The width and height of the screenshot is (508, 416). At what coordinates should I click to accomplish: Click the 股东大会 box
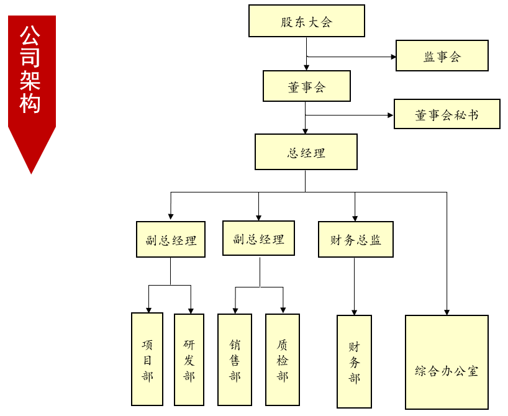(x=307, y=20)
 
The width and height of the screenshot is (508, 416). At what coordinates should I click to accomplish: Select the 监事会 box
(x=442, y=55)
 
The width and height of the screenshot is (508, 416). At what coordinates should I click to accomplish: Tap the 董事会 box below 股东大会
(x=307, y=86)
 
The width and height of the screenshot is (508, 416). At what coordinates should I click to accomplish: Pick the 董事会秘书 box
(x=447, y=114)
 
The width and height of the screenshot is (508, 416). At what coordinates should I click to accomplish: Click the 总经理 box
(x=306, y=151)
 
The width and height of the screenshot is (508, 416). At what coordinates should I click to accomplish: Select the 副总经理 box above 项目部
(x=170, y=240)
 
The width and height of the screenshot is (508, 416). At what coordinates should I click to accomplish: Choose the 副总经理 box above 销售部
(x=258, y=238)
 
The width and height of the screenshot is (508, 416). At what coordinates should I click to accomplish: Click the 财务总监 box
(x=356, y=240)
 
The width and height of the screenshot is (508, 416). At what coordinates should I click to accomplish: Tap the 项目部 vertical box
(x=147, y=359)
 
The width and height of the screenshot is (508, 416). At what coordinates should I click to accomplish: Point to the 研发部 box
(x=189, y=359)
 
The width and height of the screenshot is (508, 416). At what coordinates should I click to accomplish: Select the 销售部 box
(x=235, y=359)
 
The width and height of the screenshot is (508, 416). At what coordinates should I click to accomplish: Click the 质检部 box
(x=282, y=359)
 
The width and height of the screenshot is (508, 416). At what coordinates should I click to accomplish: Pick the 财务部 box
(x=354, y=361)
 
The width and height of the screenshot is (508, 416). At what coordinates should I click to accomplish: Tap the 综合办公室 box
(x=447, y=362)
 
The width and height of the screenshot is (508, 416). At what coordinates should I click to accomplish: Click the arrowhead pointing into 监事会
(x=393, y=57)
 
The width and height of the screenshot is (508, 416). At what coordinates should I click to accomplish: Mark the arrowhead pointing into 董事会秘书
(x=391, y=115)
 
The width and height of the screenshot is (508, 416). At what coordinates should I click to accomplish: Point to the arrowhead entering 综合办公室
(x=447, y=312)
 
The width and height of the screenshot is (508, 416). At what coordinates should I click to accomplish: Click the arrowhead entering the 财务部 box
(x=354, y=312)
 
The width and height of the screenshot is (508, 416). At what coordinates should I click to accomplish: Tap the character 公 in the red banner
(x=30, y=35)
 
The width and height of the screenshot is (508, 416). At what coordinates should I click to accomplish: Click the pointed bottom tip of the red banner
(x=32, y=174)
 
